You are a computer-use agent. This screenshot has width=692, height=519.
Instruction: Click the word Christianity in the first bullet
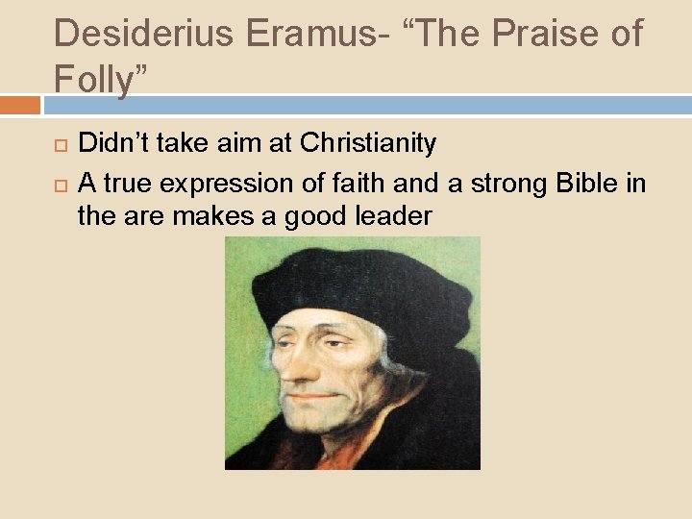[368, 144]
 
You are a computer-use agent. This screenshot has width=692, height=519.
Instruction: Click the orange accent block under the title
[20, 104]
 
